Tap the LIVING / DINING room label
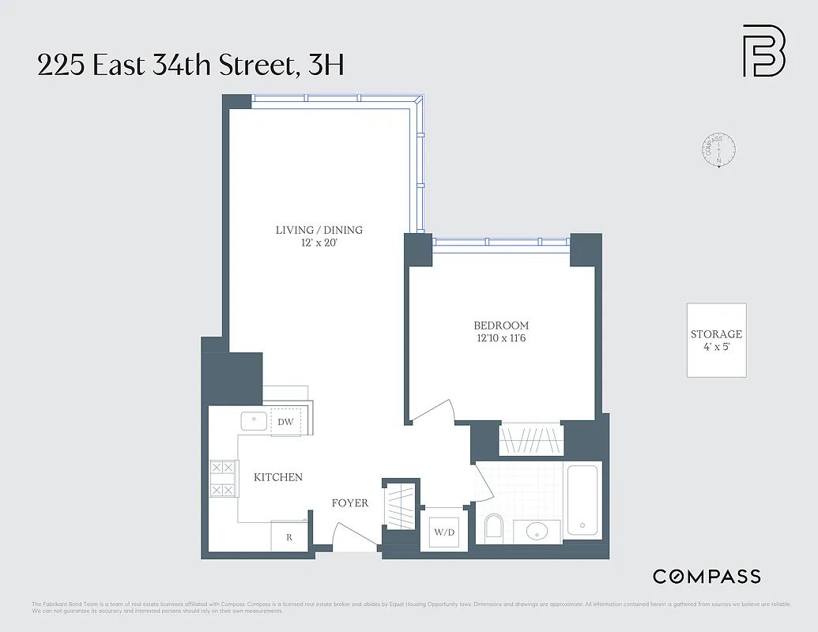pyautogui.click(x=319, y=230)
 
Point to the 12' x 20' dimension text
pyautogui.click(x=319, y=243)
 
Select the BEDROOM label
pyautogui.click(x=501, y=325)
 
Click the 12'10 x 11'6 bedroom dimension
pyautogui.click(x=501, y=338)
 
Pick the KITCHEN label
pyautogui.click(x=278, y=477)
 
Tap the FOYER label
pyautogui.click(x=349, y=503)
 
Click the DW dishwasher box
pyautogui.click(x=285, y=422)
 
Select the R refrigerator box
pyautogui.click(x=289, y=536)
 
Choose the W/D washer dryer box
pyautogui.click(x=444, y=532)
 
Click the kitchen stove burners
pyautogui.click(x=223, y=479)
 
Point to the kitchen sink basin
pyautogui.click(x=254, y=422)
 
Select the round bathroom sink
pyautogui.click(x=537, y=532)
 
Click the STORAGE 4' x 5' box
pyautogui.click(x=716, y=340)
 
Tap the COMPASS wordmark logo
pyautogui.click(x=707, y=577)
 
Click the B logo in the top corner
pyautogui.click(x=763, y=51)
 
